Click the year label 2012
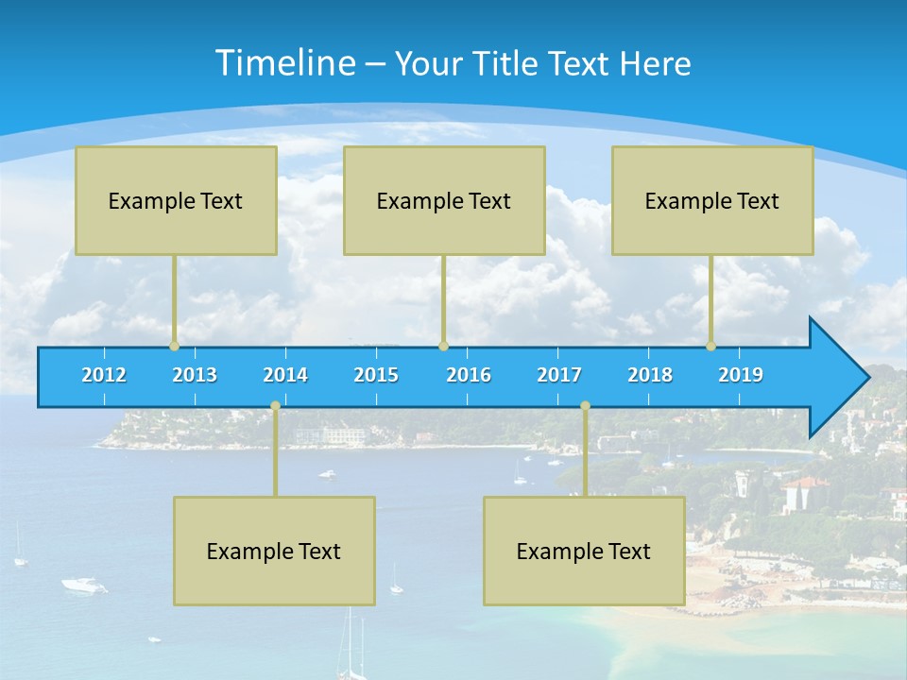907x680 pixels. pyautogui.click(x=104, y=375)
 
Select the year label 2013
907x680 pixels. pyautogui.click(x=195, y=375)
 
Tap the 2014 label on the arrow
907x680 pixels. pyautogui.click(x=285, y=375)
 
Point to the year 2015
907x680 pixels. pyautogui.click(x=376, y=375)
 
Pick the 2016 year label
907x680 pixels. pyautogui.click(x=469, y=375)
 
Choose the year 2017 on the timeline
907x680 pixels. pyautogui.click(x=559, y=375)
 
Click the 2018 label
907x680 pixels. pyautogui.click(x=650, y=375)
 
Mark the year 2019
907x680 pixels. pyautogui.click(x=741, y=375)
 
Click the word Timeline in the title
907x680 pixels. pyautogui.click(x=284, y=63)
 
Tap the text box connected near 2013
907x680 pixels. pyautogui.click(x=176, y=200)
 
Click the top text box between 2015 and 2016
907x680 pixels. pyautogui.click(x=444, y=200)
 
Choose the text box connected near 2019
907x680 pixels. pyautogui.click(x=712, y=200)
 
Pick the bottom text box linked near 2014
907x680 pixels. pyautogui.click(x=274, y=551)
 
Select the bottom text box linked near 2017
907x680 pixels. pyautogui.click(x=584, y=551)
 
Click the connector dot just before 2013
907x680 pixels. pyautogui.click(x=174, y=346)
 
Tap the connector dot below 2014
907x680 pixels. pyautogui.click(x=275, y=405)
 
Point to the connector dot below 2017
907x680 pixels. pyautogui.click(x=585, y=405)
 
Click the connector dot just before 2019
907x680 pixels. pyautogui.click(x=710, y=346)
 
